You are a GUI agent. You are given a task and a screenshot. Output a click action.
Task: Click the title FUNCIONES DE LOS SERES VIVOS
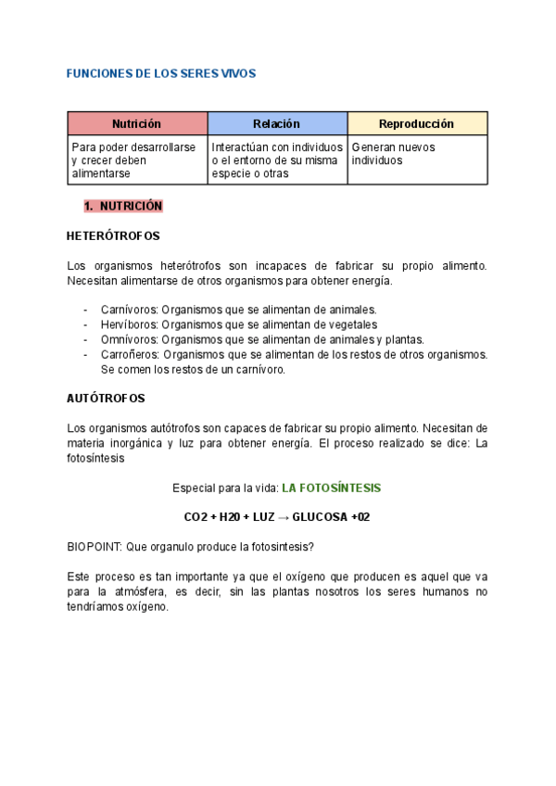pos(161,72)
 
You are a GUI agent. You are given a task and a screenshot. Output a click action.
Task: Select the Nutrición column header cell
pos(137,123)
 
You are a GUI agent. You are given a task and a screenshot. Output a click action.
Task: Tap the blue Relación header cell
pos(277,123)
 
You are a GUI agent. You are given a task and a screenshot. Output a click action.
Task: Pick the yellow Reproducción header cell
pos(417,123)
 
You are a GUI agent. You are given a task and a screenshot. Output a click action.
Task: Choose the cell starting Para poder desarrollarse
pos(136,160)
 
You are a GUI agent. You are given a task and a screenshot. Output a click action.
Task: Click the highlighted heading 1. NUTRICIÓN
pos(123,206)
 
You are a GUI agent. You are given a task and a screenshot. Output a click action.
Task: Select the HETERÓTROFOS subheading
pos(114,235)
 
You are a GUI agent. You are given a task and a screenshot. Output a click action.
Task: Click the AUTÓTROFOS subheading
pos(106,398)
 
